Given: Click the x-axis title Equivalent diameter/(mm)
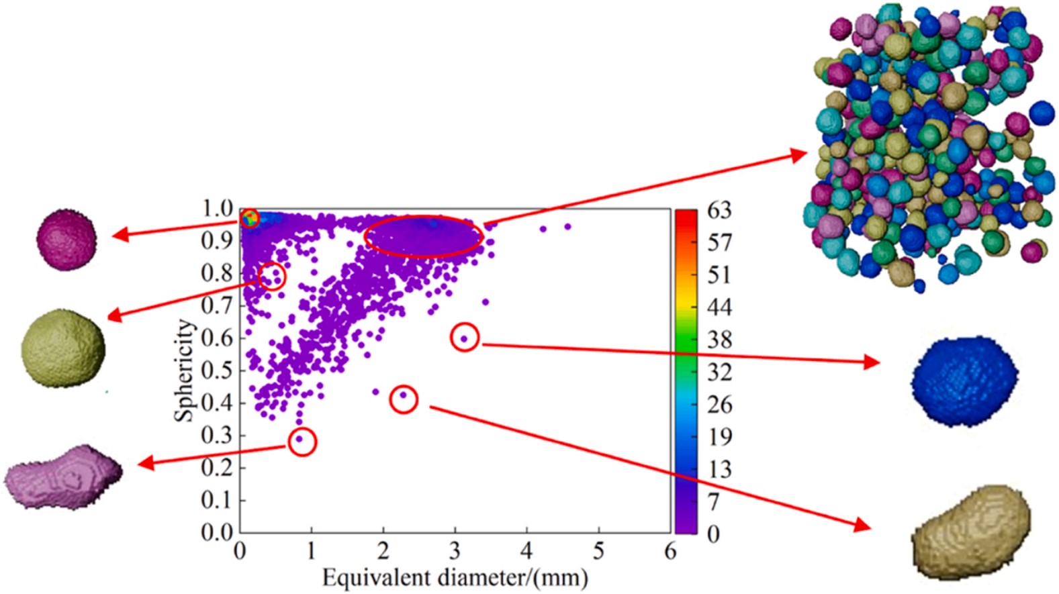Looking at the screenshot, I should (455, 578).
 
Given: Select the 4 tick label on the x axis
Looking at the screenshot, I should (526, 551).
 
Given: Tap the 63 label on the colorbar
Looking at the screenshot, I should (719, 211).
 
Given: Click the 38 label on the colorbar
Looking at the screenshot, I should (719, 340).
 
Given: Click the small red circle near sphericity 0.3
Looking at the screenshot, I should (302, 442).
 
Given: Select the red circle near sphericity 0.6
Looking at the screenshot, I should (465, 337).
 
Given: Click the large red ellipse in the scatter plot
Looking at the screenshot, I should (424, 236).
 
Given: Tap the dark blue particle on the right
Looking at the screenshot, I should (964, 381).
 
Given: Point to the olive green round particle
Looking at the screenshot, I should (63, 348).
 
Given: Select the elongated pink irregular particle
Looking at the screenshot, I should (63, 475).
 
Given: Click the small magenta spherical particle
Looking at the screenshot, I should (66, 239).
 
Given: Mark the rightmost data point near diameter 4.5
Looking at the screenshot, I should (567, 227).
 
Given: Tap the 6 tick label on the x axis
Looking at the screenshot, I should (670, 551).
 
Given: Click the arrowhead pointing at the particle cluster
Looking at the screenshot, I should (799, 155).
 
